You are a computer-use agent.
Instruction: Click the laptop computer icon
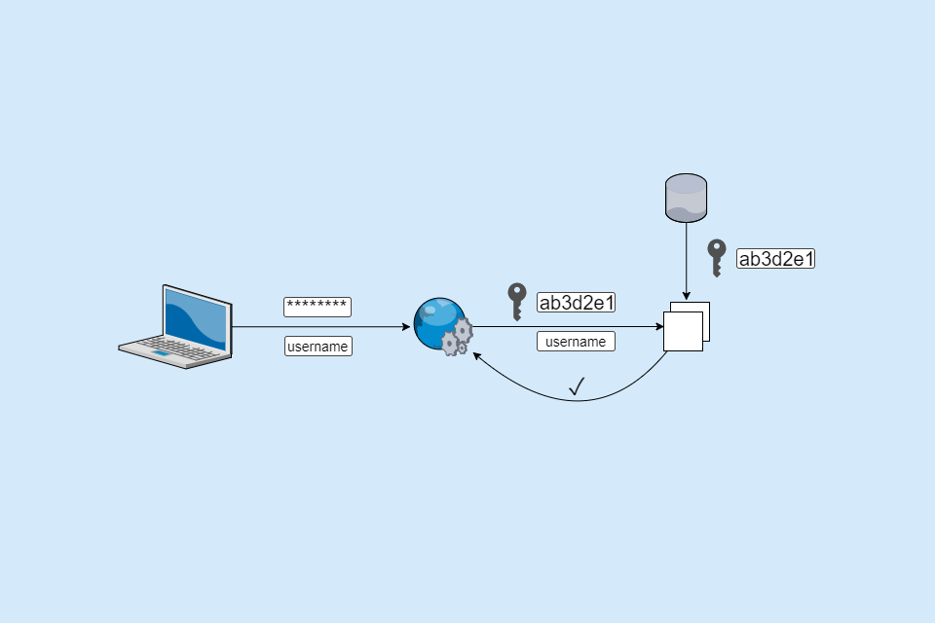coord(176,327)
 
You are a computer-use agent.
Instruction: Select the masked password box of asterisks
coord(318,307)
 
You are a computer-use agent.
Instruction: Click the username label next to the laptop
coord(318,346)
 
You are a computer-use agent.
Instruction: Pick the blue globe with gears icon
coord(441,326)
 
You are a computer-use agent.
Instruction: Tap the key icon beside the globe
coord(517,302)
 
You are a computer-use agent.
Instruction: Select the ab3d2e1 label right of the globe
coord(577,302)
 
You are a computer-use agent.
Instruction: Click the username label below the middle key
coord(576,341)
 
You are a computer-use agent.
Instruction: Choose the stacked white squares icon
coord(686,326)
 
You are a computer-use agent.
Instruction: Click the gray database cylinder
coord(686,198)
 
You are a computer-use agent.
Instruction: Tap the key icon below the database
coord(717,258)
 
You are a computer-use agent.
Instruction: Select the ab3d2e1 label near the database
coord(775,258)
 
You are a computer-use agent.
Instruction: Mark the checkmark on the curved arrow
coord(577,386)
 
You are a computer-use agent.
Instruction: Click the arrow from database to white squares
coord(686,258)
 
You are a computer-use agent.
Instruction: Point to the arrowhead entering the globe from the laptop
coord(406,327)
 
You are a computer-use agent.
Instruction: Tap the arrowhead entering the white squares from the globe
coord(659,327)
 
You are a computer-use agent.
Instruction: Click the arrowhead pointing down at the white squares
coord(686,297)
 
